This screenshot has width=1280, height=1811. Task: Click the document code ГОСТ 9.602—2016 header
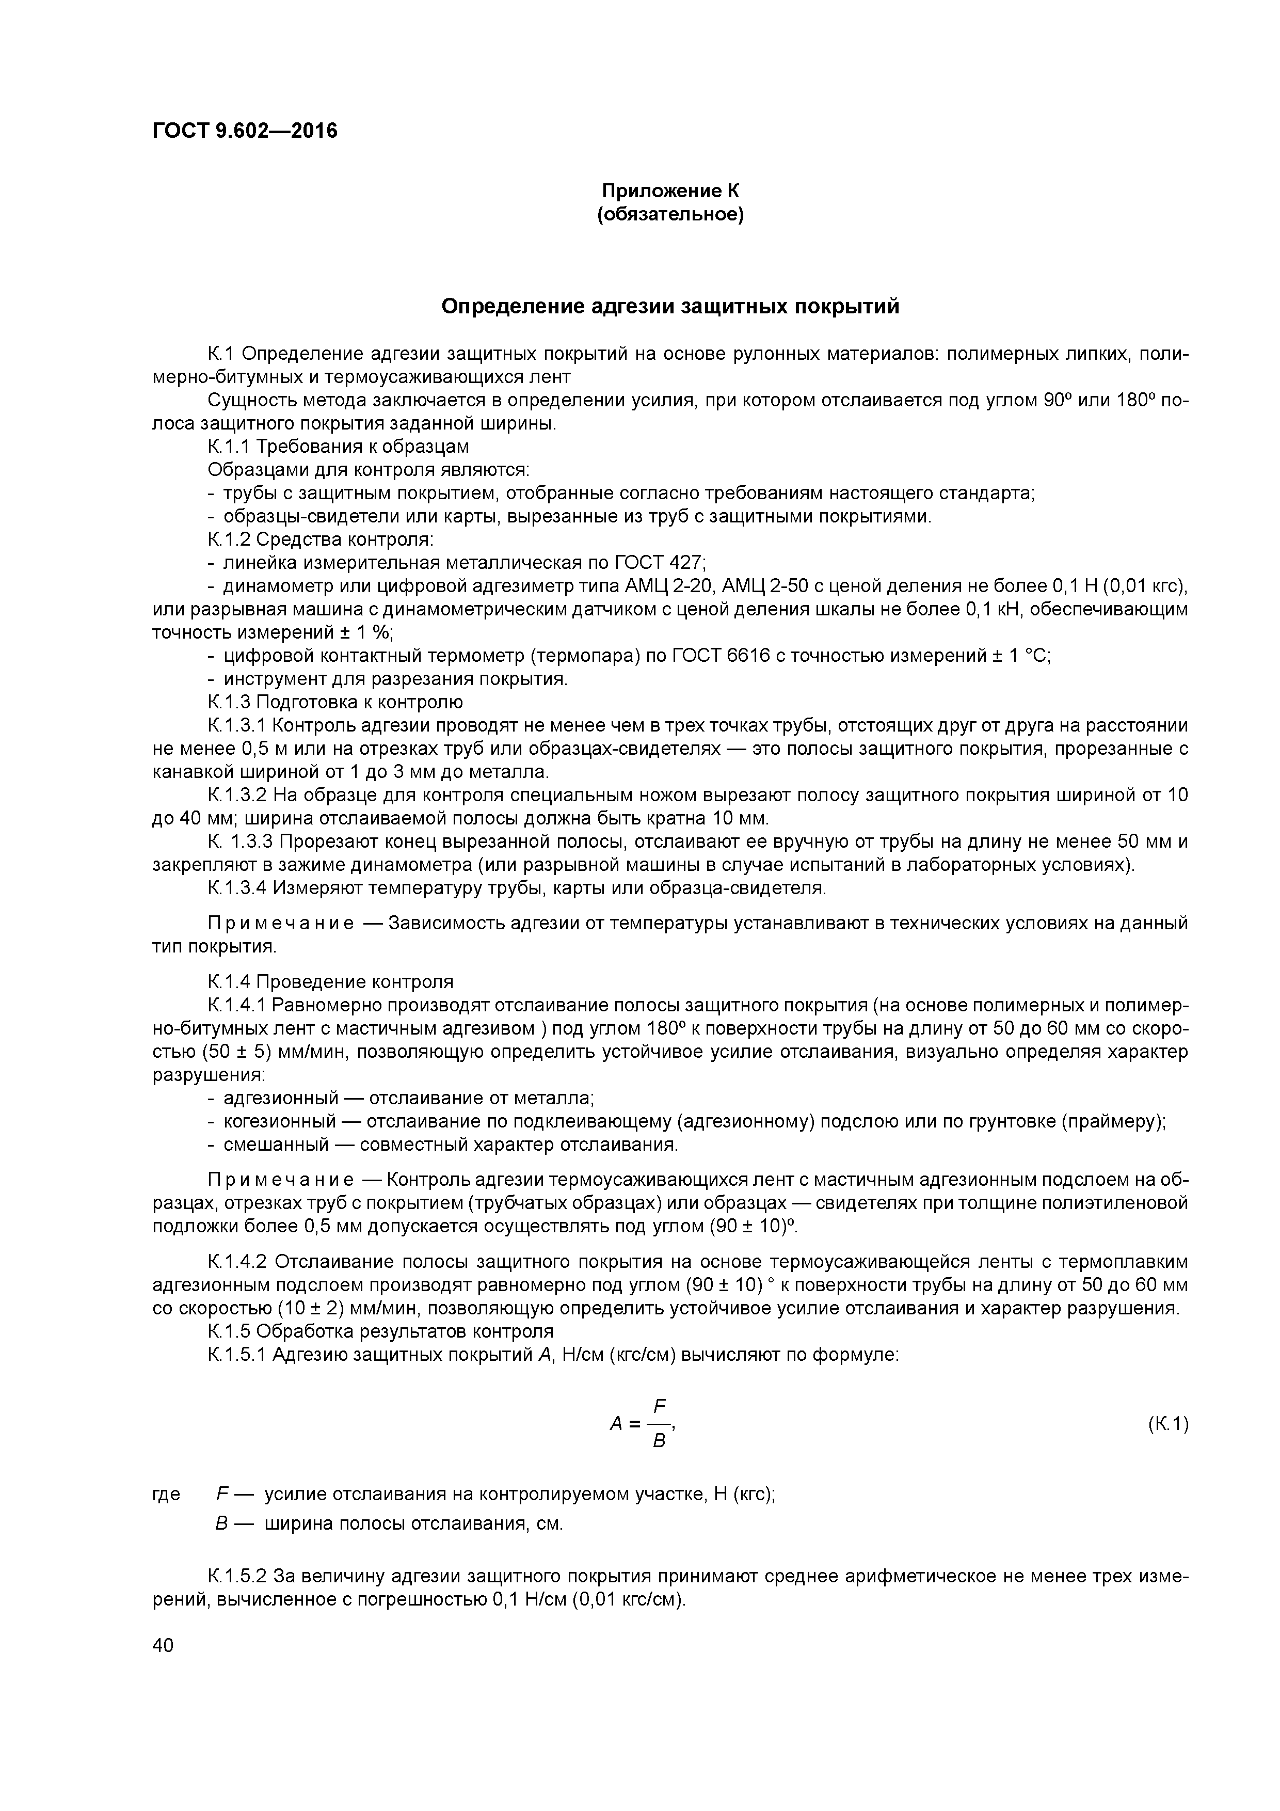tap(245, 130)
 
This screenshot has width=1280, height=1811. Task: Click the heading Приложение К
tap(670, 191)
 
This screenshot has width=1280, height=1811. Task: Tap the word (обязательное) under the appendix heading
tap(670, 215)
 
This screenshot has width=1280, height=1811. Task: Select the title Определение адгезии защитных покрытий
tap(670, 306)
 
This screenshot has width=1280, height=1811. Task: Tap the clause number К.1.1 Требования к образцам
tap(229, 447)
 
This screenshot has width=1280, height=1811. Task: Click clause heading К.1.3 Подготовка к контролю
tap(335, 702)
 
